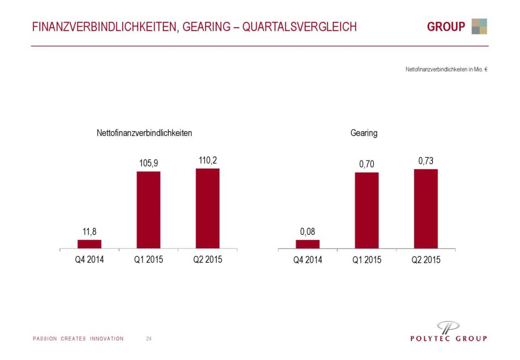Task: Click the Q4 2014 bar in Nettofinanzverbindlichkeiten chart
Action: tap(89, 244)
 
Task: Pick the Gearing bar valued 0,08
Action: tap(308, 244)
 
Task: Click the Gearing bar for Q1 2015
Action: tap(367, 210)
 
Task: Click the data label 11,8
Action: tap(89, 231)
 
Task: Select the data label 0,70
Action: tap(367, 164)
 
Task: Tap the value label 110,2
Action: tap(208, 160)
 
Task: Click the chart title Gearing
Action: tap(364, 133)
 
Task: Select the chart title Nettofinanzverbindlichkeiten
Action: tap(144, 133)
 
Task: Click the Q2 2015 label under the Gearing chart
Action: tap(426, 260)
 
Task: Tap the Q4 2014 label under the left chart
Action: tap(89, 259)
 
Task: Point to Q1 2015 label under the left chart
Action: tap(148, 259)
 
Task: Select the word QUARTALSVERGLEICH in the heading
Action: tap(299, 27)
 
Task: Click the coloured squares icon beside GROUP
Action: tap(479, 26)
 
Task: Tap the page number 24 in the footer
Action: tap(149, 339)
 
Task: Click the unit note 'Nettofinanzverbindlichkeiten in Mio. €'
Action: tap(446, 69)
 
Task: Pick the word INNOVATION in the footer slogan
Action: tap(107, 339)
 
